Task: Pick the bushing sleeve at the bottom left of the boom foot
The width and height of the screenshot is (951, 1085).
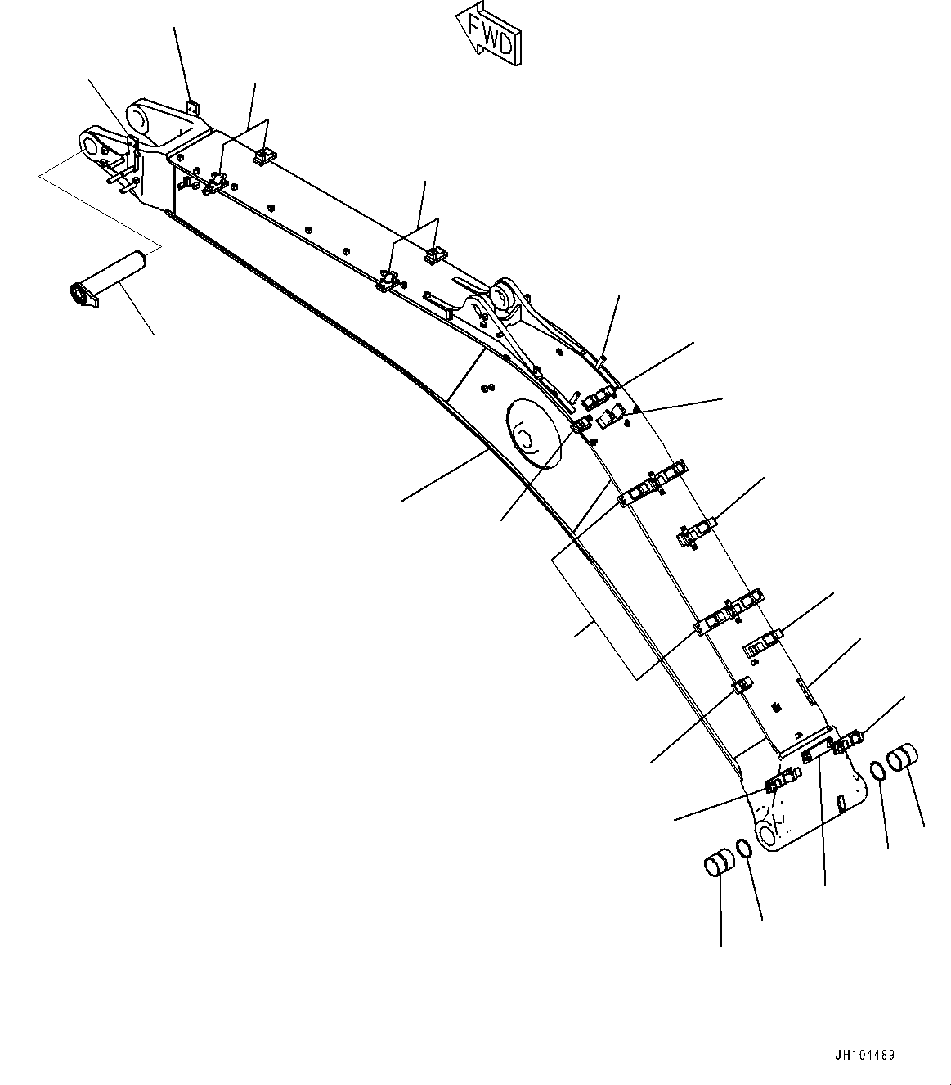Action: coord(718,864)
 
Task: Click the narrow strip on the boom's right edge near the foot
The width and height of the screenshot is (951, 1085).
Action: coord(805,690)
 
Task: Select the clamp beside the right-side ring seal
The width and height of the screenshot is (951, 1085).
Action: coord(847,743)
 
